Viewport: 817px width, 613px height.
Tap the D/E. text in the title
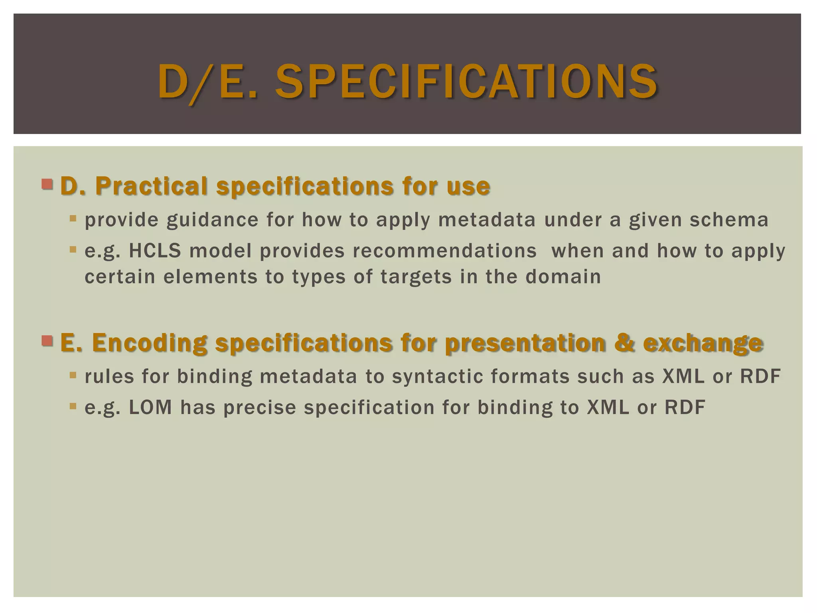(x=207, y=82)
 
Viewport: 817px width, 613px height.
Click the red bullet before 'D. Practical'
(x=47, y=184)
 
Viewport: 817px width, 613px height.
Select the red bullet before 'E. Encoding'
(x=47, y=341)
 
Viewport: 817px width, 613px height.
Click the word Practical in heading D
(x=152, y=186)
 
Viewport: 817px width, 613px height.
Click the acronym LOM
(x=150, y=407)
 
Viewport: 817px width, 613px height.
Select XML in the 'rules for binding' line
(x=683, y=376)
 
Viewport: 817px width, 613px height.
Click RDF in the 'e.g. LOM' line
(x=685, y=407)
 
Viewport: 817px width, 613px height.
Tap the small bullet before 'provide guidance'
(x=73, y=218)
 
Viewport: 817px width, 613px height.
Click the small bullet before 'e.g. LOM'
(x=73, y=406)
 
